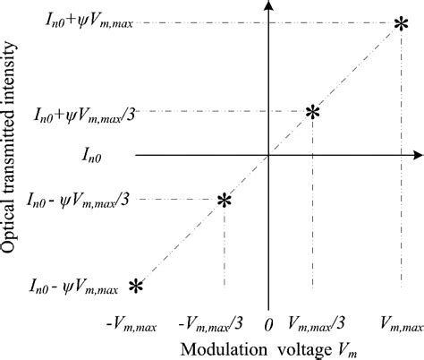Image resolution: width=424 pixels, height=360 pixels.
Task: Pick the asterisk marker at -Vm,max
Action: [x=136, y=286]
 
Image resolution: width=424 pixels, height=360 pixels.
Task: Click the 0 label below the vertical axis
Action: [x=268, y=322]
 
